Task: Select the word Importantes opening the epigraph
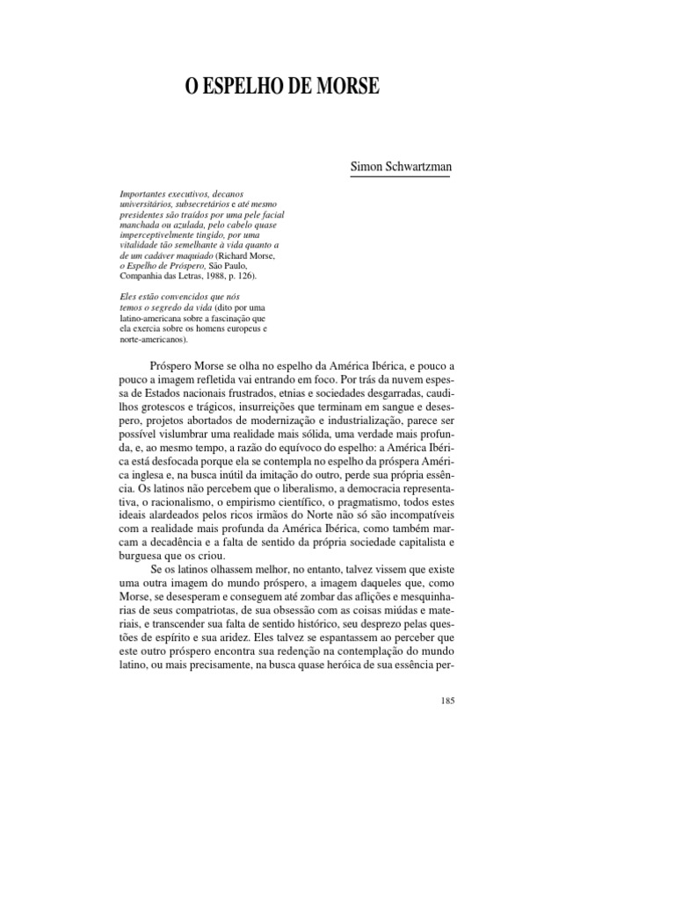(x=145, y=194)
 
